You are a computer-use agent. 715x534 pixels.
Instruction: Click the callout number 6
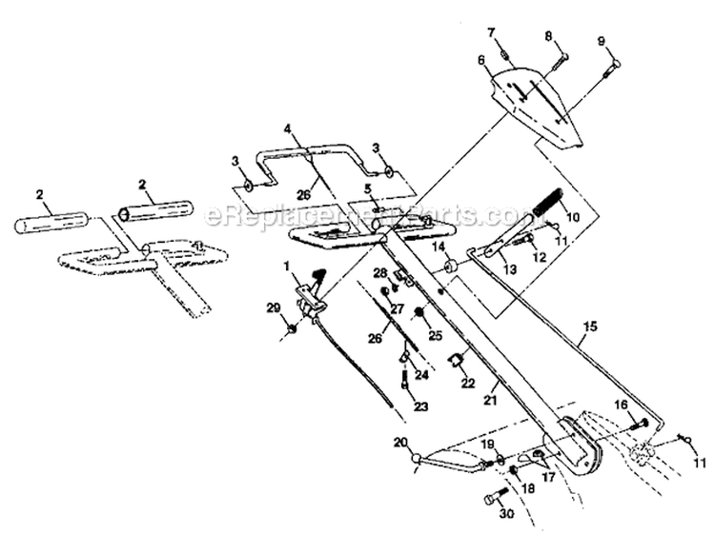point(482,60)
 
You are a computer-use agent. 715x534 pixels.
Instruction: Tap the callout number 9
point(602,41)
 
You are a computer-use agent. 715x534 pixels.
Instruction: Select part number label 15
point(590,326)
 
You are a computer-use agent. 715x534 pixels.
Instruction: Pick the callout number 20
point(399,441)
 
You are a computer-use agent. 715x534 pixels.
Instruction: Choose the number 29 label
point(274,308)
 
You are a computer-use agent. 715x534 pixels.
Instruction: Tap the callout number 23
point(419,407)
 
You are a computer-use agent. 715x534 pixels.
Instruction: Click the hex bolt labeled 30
point(492,497)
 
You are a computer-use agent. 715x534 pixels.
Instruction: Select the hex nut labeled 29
point(291,329)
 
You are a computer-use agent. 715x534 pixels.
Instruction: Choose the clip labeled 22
point(457,362)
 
